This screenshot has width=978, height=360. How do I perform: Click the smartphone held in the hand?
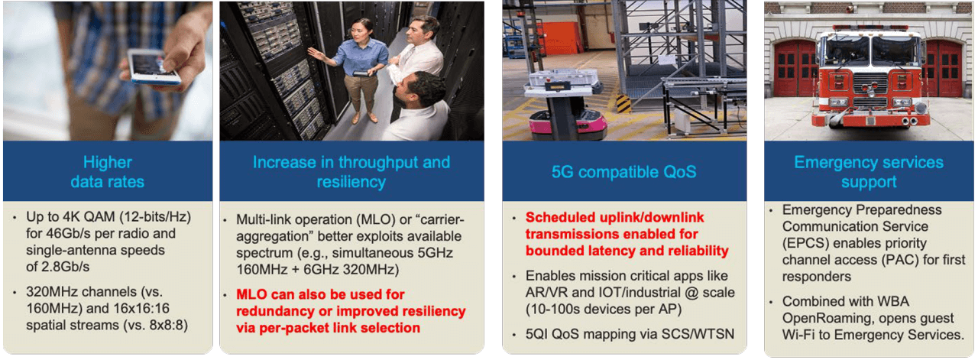pos(154,66)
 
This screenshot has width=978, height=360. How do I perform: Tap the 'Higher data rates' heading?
pos(107,172)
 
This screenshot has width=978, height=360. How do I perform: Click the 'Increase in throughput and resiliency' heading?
pos(351,172)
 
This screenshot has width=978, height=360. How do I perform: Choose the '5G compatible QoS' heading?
pos(623,172)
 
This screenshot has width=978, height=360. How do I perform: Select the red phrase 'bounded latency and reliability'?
pos(627,251)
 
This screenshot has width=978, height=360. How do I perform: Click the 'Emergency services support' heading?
pos(869,172)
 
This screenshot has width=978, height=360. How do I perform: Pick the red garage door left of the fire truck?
pos(795,69)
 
